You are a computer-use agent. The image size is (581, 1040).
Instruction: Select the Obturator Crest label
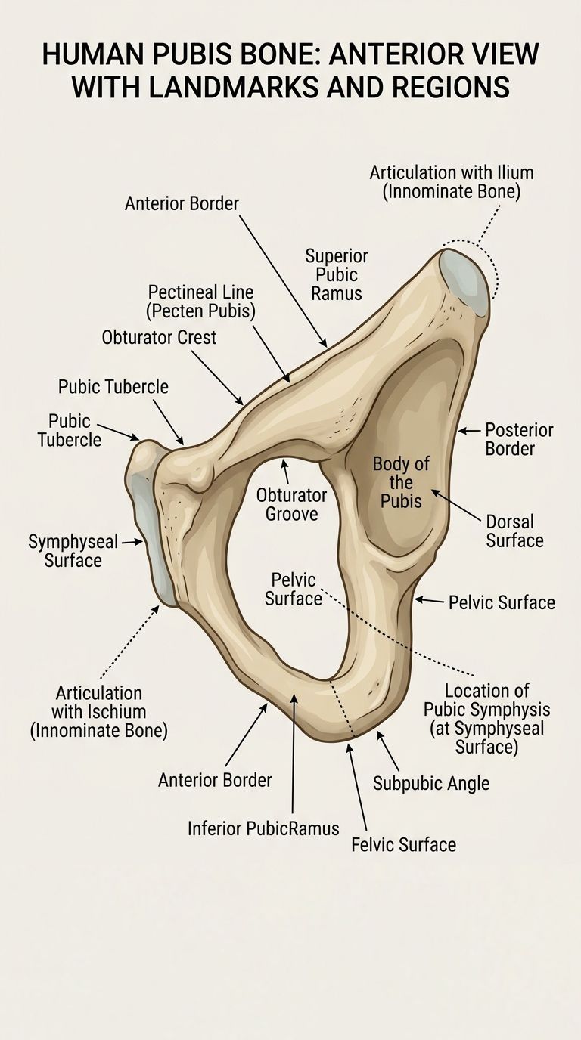tap(159, 338)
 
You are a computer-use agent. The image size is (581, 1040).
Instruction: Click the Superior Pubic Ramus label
tap(336, 274)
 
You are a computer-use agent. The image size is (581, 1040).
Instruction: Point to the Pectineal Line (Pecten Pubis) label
tap(200, 302)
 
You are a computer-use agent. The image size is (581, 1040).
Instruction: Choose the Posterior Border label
tap(519, 439)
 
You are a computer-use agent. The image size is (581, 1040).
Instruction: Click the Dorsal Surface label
tap(514, 531)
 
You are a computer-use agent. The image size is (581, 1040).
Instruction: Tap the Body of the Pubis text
tap(401, 482)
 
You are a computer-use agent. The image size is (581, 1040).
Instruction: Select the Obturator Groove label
tap(291, 504)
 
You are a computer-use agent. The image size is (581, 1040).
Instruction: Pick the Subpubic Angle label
tap(431, 783)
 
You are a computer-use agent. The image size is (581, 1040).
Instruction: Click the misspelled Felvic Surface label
tap(403, 844)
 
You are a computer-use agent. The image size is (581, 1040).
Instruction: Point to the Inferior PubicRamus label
tap(263, 828)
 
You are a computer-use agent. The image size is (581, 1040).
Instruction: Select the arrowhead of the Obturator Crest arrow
tap(241, 401)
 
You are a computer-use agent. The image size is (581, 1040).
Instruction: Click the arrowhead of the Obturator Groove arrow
tap(284, 462)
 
